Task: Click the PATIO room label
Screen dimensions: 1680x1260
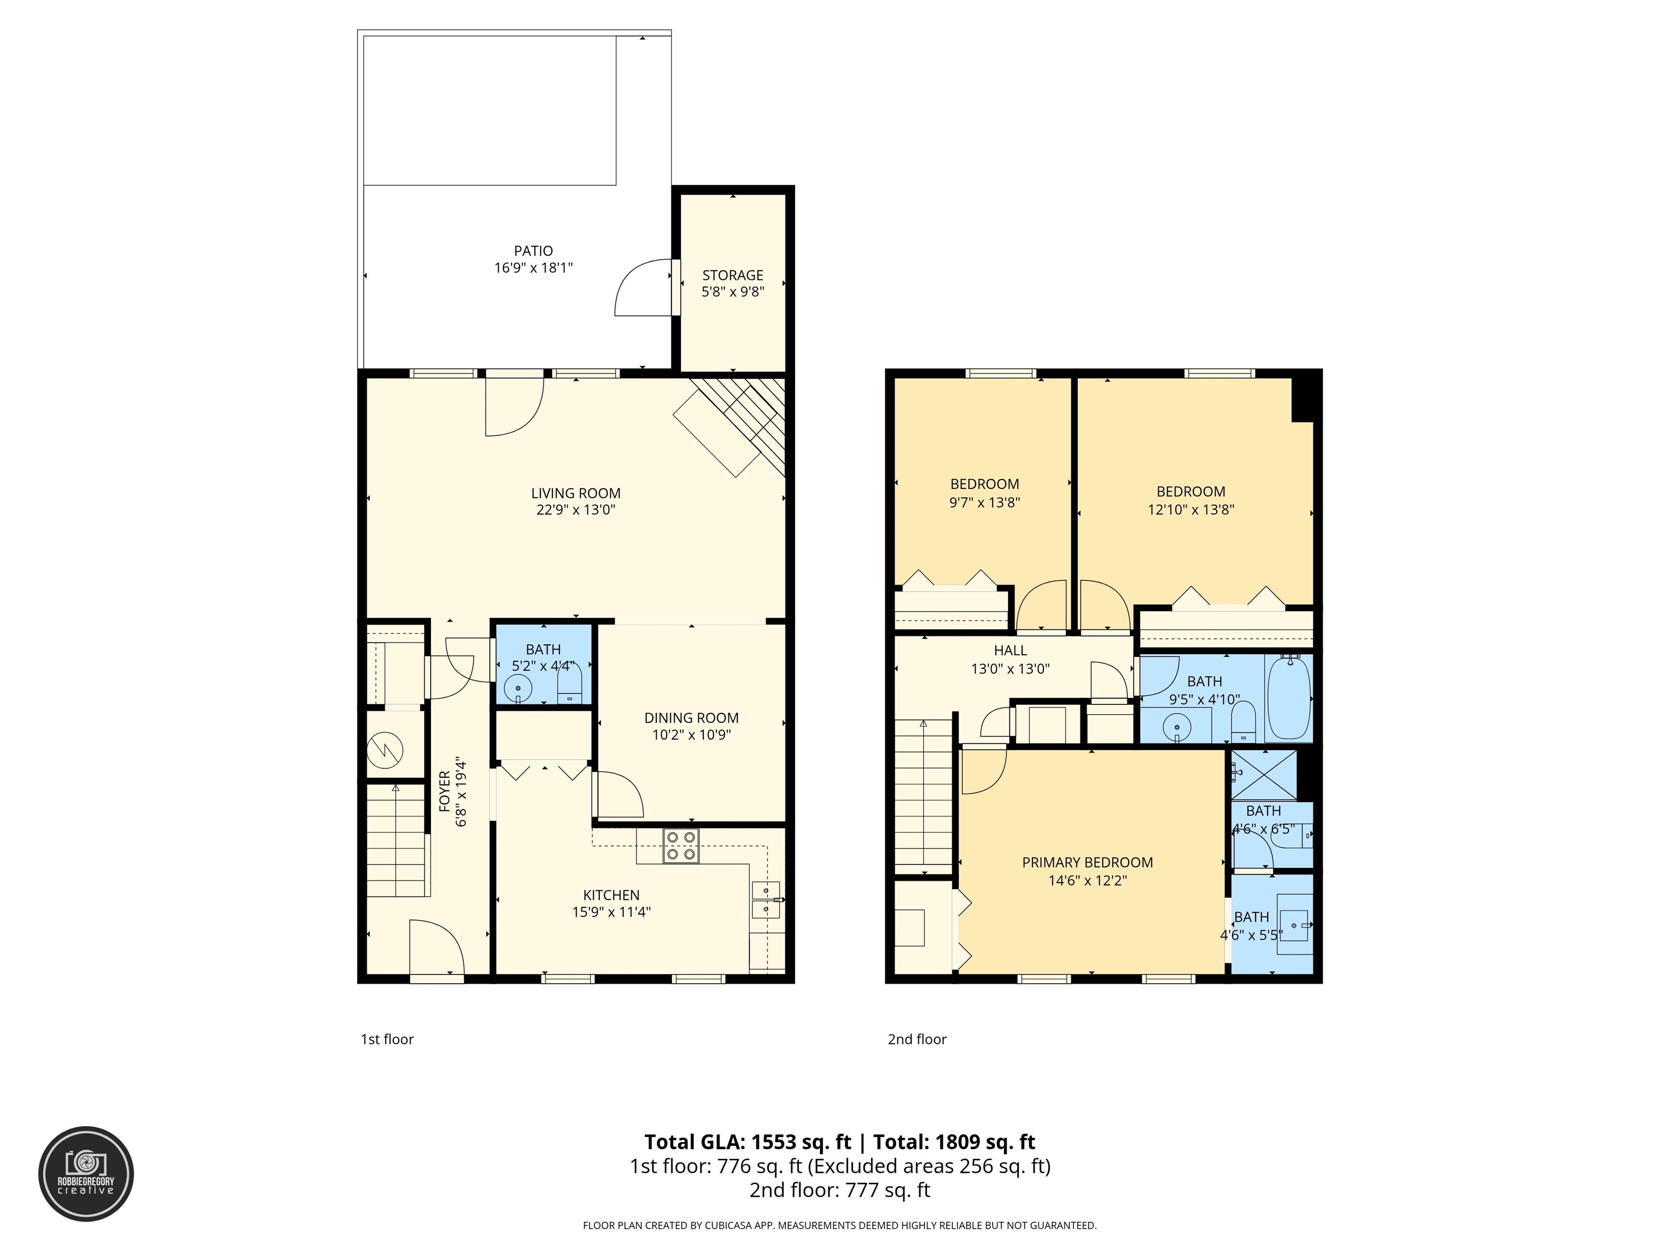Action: (533, 250)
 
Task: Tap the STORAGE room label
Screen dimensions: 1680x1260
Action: (732, 275)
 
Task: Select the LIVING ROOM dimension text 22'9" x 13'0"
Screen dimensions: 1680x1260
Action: (576, 510)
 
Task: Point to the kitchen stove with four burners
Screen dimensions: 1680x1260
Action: (680, 846)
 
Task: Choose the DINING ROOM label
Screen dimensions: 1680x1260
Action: (691, 717)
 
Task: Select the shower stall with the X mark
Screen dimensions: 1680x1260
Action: (1264, 775)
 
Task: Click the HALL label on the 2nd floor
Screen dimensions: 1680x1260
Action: (1010, 650)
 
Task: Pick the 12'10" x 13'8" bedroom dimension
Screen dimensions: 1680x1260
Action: (1191, 510)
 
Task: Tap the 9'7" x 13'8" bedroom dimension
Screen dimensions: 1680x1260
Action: (984, 502)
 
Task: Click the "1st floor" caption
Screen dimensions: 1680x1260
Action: (387, 1039)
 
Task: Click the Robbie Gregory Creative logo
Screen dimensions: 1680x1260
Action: (86, 1174)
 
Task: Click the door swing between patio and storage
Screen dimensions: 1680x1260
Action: (643, 288)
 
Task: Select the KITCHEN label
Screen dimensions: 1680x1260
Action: (611, 895)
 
